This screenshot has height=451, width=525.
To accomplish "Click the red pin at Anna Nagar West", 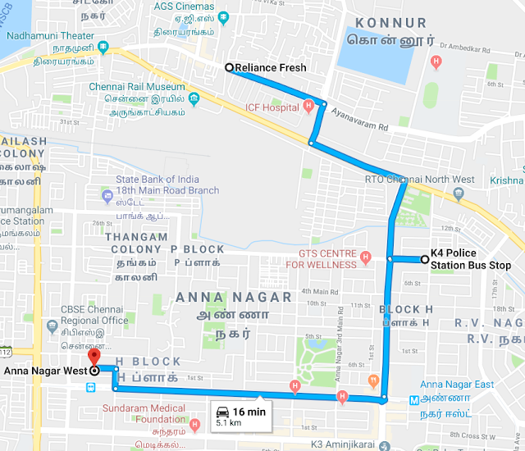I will (x=94, y=358).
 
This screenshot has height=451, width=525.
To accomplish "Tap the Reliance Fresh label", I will (x=271, y=68).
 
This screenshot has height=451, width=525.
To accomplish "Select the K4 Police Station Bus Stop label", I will (x=471, y=259).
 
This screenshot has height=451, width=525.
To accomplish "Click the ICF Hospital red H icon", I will (x=308, y=106).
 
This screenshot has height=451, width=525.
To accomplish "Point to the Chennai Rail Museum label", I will (x=137, y=87).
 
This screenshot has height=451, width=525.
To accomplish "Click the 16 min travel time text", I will (x=249, y=412).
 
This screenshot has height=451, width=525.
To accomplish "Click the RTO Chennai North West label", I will (x=419, y=180).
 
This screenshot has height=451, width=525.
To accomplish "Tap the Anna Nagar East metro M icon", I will (x=415, y=400).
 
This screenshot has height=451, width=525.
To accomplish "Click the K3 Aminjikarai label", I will (x=336, y=443).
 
